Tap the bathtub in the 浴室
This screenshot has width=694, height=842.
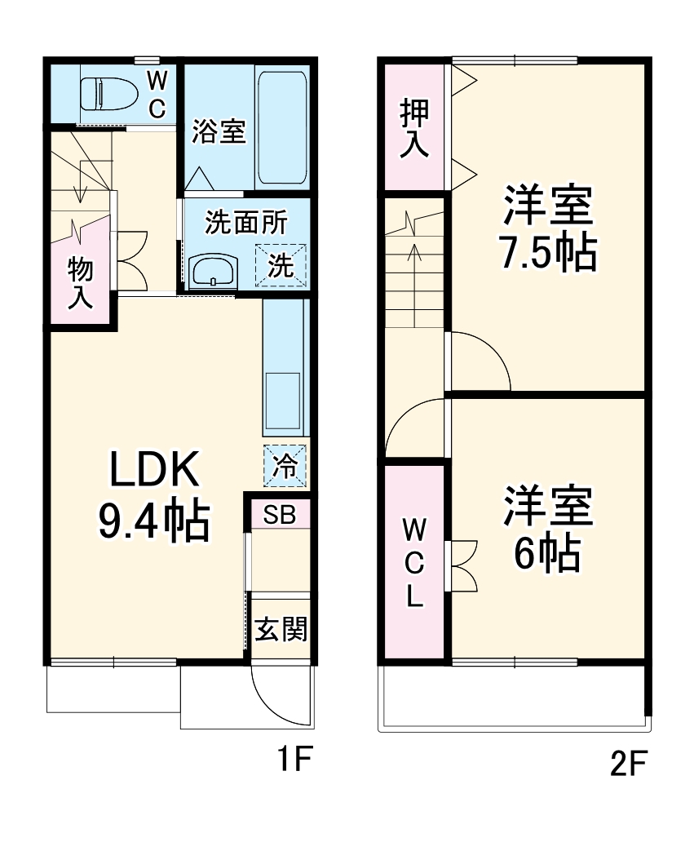281,129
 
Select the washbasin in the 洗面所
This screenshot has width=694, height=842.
212,270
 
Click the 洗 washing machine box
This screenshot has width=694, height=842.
281,266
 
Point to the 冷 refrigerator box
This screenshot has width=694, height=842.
285,466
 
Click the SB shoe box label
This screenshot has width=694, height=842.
280,515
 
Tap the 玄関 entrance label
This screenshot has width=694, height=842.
280,629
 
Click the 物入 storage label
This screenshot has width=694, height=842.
79,281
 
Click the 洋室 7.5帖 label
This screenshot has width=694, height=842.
547,229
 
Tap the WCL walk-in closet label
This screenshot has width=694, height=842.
414,563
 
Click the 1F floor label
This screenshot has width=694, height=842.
293,760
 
